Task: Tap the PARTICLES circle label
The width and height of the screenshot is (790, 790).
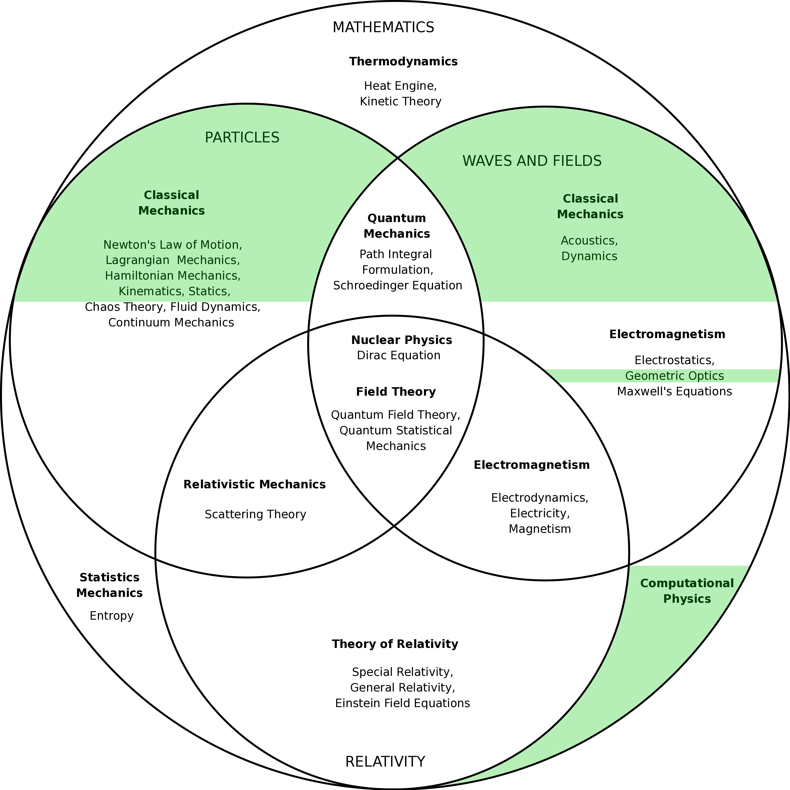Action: [x=242, y=138]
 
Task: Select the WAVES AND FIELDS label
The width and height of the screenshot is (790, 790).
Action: [x=532, y=161]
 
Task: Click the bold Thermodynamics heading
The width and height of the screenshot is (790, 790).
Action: [x=403, y=62]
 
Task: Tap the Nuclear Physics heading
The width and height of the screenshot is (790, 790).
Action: [x=402, y=340]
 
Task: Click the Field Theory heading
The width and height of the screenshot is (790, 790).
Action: [x=396, y=392]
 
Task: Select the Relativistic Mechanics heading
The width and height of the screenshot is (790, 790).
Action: [x=254, y=484]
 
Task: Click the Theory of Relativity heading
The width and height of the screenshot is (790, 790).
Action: [x=395, y=644]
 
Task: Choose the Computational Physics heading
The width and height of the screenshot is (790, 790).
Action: [x=687, y=591]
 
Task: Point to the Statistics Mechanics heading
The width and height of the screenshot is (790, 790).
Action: [x=110, y=585]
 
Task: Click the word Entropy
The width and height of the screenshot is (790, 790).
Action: [x=112, y=616]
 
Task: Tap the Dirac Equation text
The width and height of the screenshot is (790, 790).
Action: [x=399, y=355]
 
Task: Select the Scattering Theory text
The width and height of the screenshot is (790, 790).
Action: [x=256, y=514]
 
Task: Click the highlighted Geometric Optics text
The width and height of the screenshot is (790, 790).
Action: [x=675, y=376]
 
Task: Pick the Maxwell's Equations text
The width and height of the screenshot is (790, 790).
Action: [x=674, y=392]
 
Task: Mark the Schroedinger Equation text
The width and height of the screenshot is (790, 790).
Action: [x=398, y=285]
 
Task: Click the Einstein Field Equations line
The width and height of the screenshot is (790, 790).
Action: [x=402, y=703]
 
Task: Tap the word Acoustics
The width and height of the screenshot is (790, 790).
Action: [x=589, y=241]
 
